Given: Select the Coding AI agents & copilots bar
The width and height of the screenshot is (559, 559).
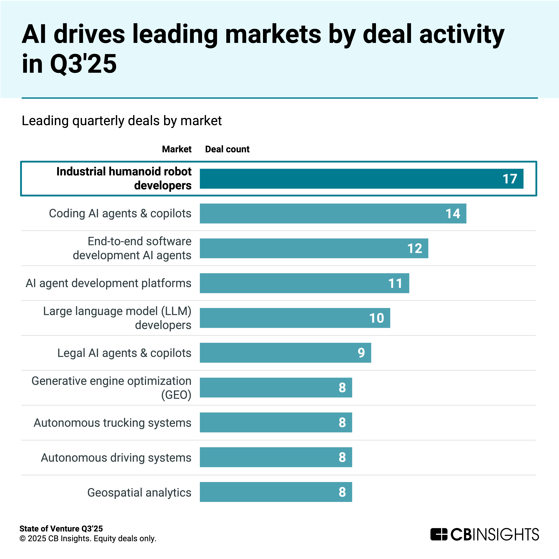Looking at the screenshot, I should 333,213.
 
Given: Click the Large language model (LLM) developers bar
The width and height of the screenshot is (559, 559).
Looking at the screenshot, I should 295,318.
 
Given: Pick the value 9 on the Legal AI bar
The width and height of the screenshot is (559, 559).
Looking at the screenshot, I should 361,353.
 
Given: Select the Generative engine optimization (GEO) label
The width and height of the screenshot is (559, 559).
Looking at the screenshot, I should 111,388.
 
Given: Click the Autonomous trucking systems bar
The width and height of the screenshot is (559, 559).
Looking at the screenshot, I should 276,422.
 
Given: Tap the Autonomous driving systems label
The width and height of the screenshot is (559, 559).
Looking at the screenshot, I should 116,457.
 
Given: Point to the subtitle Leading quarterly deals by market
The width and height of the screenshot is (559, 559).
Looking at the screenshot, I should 121,121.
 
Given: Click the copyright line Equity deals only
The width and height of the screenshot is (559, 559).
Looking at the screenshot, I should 88,538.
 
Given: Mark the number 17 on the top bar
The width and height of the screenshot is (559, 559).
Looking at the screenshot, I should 510,179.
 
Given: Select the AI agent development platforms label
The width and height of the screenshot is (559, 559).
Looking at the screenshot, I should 109,283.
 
